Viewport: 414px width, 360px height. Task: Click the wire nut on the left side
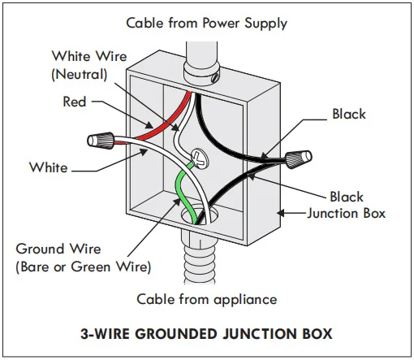pos(101,141)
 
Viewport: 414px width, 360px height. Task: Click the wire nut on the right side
pos(299,158)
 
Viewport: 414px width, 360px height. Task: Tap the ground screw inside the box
pos(200,158)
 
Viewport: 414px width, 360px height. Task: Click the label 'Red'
pos(75,102)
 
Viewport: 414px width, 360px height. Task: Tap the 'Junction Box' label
pos(347,214)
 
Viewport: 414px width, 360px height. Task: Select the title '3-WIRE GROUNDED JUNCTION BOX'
pos(206,333)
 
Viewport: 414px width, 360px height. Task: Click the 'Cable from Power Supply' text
pos(207,24)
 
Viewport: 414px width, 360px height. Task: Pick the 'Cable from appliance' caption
pos(207,300)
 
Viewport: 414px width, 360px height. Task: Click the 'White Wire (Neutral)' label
pos(89,65)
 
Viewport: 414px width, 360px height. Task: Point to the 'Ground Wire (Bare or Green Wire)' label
pos(84,258)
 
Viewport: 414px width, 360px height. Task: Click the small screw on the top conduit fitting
pos(215,77)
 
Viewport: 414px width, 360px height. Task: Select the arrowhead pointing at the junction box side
pos(282,213)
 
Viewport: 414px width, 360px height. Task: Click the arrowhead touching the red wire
pos(149,125)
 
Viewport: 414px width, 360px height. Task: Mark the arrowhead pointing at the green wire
pos(176,202)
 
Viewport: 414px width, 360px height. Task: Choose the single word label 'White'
pos(49,167)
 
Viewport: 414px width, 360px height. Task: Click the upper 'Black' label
pos(349,114)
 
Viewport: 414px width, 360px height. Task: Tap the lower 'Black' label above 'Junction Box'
pos(347,197)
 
